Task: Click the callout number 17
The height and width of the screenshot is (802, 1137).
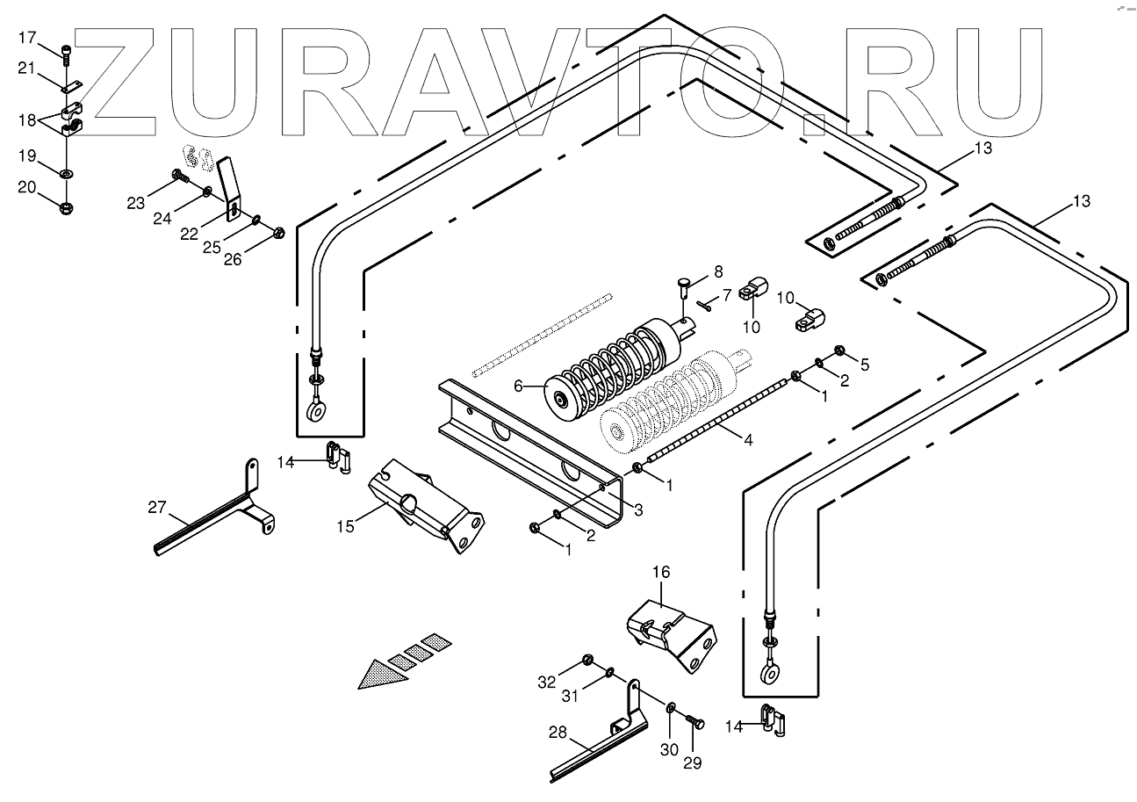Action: pos(27,37)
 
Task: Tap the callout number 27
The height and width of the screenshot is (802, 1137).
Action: pos(156,506)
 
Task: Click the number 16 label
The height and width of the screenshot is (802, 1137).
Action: pos(660,572)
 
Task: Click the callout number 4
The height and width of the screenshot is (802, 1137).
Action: pos(747,440)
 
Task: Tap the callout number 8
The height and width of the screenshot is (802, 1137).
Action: pos(718,271)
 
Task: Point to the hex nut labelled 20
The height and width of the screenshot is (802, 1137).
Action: pos(67,207)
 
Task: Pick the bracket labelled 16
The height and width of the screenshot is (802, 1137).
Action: pos(672,634)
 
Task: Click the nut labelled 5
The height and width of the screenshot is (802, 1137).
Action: pos(839,351)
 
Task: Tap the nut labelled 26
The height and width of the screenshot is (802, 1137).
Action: pos(279,233)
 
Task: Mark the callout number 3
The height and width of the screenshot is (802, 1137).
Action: pos(638,509)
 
